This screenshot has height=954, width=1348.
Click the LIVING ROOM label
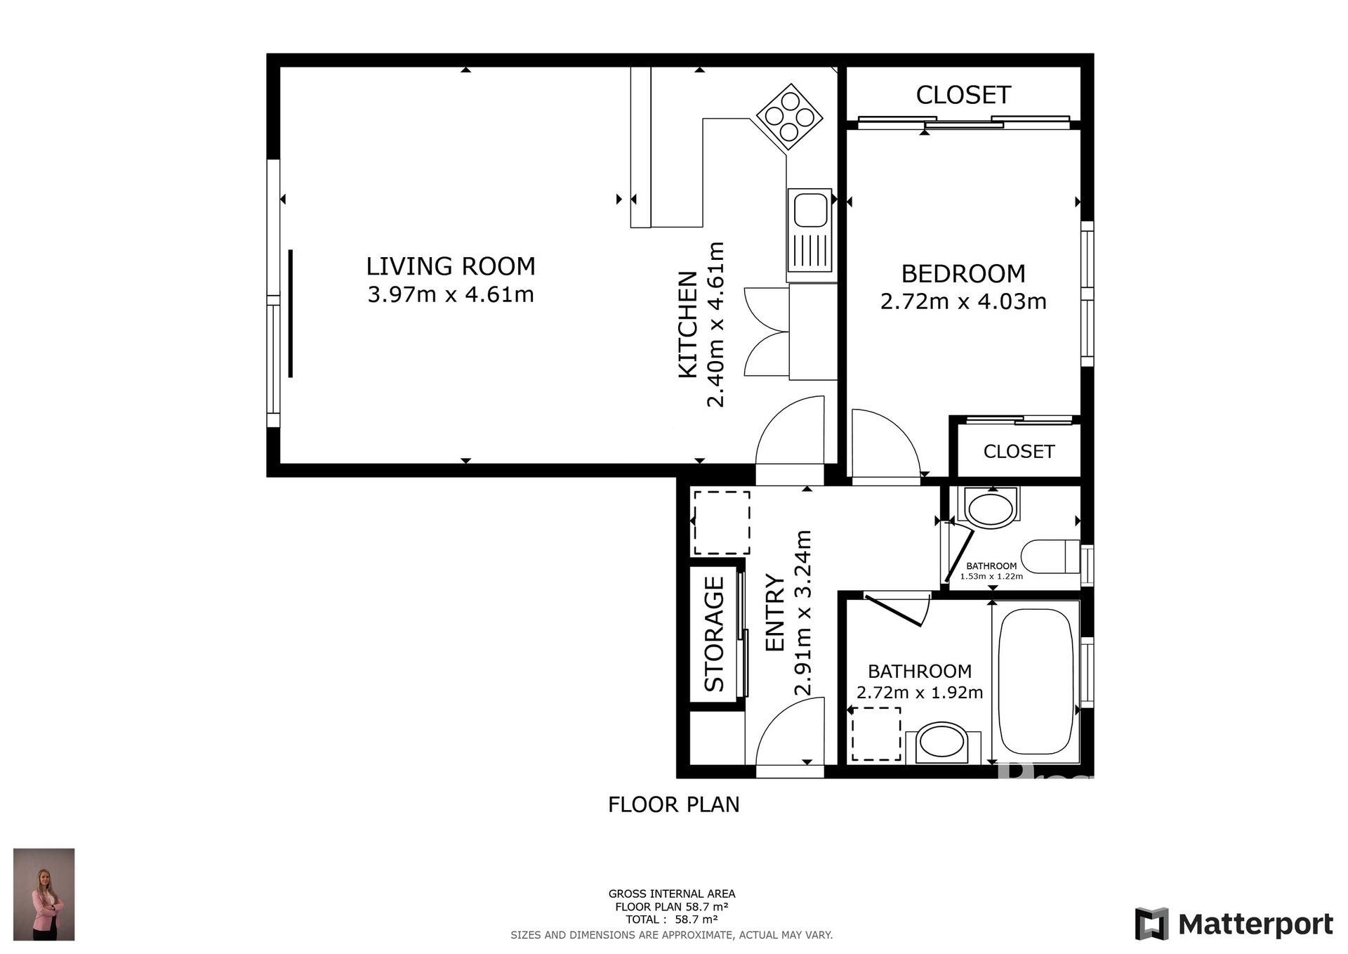pos(450,266)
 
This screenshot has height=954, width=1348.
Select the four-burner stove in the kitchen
pos(789,117)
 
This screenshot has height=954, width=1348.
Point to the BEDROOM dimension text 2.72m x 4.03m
pos(963,301)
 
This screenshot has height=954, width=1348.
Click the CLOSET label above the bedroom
pos(963,95)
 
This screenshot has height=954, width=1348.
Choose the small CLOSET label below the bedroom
pos(1019,452)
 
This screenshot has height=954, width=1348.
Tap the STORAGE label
pos(714,634)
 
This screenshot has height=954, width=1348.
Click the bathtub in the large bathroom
pos(1036,681)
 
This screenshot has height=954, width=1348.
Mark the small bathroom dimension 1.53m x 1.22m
pos(991,576)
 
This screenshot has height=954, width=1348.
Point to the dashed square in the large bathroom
pos(876,734)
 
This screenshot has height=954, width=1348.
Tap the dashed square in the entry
pos(722,523)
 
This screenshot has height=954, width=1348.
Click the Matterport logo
pos(1234,924)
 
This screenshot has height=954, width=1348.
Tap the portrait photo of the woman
pos(44,894)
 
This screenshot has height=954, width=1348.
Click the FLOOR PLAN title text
pos(673,804)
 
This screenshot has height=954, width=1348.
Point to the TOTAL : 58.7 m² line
pos(671,919)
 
